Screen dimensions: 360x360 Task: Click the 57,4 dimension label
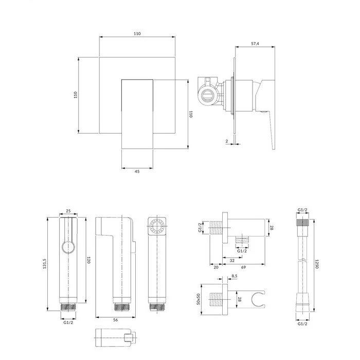[255, 44]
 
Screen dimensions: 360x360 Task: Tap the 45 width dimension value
[137, 171]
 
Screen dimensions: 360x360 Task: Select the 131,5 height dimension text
[45, 263]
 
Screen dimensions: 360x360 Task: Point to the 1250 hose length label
[317, 264]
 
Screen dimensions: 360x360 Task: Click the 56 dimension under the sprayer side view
[116, 320]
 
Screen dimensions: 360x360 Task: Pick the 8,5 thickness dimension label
[235, 276]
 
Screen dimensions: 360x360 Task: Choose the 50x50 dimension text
[199, 299]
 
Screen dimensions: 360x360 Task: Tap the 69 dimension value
[243, 267]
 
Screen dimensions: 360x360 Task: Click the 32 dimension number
[232, 261]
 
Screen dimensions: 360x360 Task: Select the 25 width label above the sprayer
[68, 211]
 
